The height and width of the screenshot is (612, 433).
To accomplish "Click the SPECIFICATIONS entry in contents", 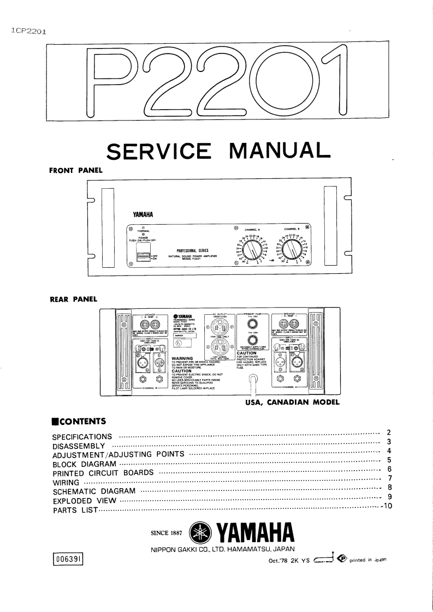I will point(82,437).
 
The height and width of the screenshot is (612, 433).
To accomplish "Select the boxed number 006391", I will point(68,558).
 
